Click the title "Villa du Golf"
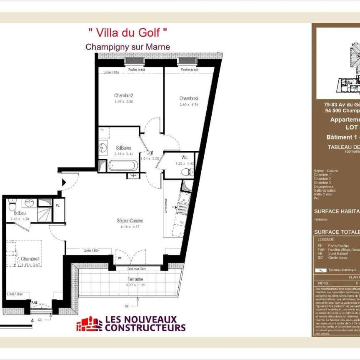pyautogui.click(x=128, y=31)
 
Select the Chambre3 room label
pyautogui.click(x=189, y=98)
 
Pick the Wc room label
pyautogui.click(x=184, y=157)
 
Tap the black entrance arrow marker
pyautogui.click(x=64, y=182)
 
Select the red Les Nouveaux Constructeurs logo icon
pyautogui.click(x=89, y=324)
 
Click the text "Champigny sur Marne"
pyautogui.click(x=127, y=47)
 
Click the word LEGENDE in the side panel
pyautogui.click(x=325, y=240)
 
